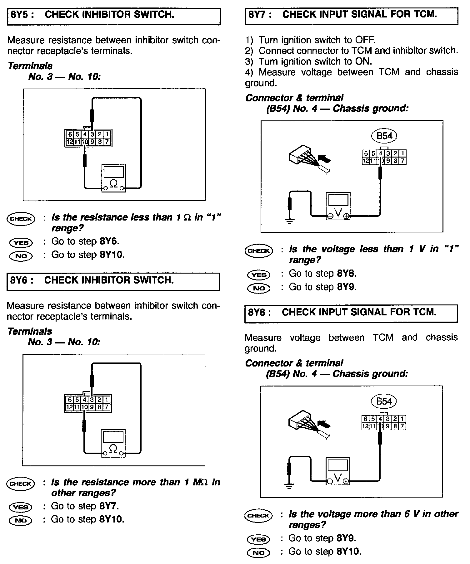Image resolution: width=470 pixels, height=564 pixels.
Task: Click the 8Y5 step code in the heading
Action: pos(21,15)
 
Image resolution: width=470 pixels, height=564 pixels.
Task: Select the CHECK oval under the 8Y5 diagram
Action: pos(21,218)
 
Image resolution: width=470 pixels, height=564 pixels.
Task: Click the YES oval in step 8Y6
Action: pos(21,507)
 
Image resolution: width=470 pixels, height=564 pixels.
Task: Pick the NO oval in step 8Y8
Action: pos(258,553)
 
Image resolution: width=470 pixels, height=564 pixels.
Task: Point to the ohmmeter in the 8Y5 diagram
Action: pos(113,178)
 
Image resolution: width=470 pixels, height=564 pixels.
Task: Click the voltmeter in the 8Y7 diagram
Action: pos(338,206)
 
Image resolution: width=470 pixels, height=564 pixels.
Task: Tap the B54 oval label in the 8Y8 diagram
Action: pos(384,401)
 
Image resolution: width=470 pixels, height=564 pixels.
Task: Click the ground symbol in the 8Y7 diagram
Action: pos(290,221)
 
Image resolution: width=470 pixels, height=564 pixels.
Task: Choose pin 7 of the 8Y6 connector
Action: pos(107,407)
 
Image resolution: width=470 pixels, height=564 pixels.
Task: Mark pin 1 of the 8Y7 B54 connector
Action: pos(402,153)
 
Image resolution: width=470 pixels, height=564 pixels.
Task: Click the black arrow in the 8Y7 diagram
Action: pos(324,159)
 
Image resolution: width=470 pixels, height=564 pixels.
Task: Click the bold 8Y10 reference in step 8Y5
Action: pos(112,255)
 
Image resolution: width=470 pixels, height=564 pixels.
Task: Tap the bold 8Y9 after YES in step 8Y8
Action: pos(346,538)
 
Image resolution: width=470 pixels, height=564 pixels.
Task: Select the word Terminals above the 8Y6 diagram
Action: pos(30,331)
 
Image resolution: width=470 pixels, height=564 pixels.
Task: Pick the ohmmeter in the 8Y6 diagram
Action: pos(113,443)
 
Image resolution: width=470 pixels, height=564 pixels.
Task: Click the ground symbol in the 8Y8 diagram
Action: pos(289,486)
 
